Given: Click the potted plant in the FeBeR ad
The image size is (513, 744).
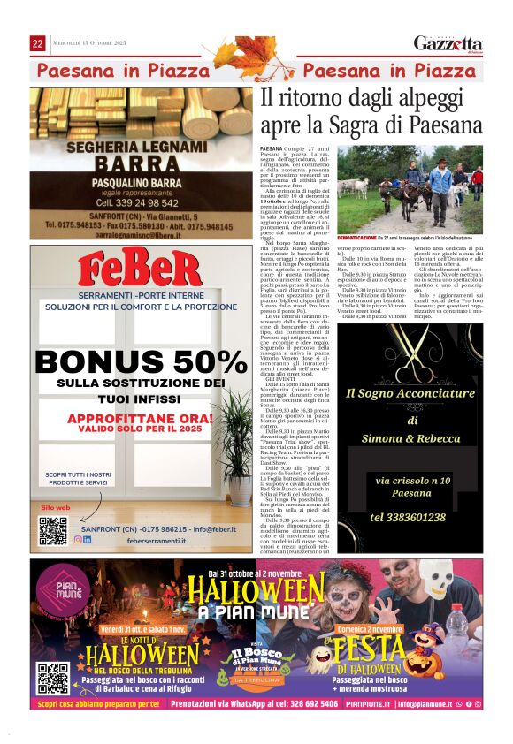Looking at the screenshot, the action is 234,446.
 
